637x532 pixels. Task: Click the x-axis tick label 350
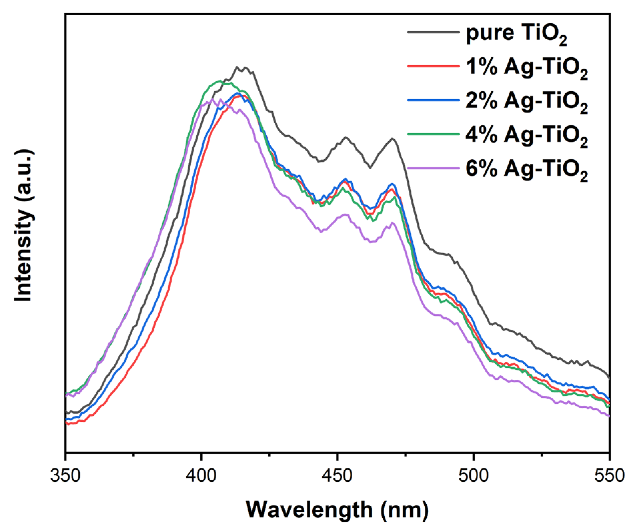66,475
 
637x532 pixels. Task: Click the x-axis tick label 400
201,475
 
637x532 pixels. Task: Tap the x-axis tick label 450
337,475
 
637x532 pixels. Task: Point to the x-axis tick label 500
473,475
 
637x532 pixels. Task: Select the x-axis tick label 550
609,475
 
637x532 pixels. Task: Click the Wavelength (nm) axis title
337,510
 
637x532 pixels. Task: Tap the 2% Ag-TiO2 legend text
526,102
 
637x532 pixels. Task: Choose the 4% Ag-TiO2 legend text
526,136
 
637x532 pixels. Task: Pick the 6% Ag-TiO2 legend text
526,170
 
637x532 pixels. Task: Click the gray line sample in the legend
433,32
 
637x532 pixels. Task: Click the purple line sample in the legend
433,168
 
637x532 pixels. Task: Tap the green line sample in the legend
433,134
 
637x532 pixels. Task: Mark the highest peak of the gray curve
237,67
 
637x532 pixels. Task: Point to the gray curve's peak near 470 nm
392,139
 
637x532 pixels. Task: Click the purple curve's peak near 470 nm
392,223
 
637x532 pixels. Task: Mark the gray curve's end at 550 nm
609,378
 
